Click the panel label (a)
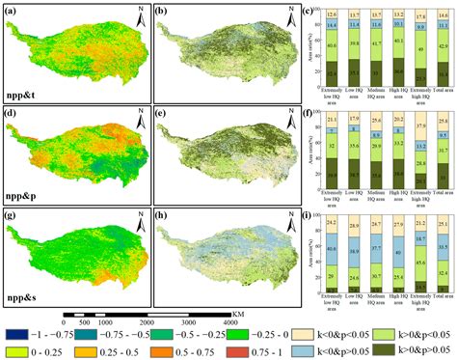(12, 11)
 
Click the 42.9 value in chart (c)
(442, 46)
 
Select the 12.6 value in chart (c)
(331, 14)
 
